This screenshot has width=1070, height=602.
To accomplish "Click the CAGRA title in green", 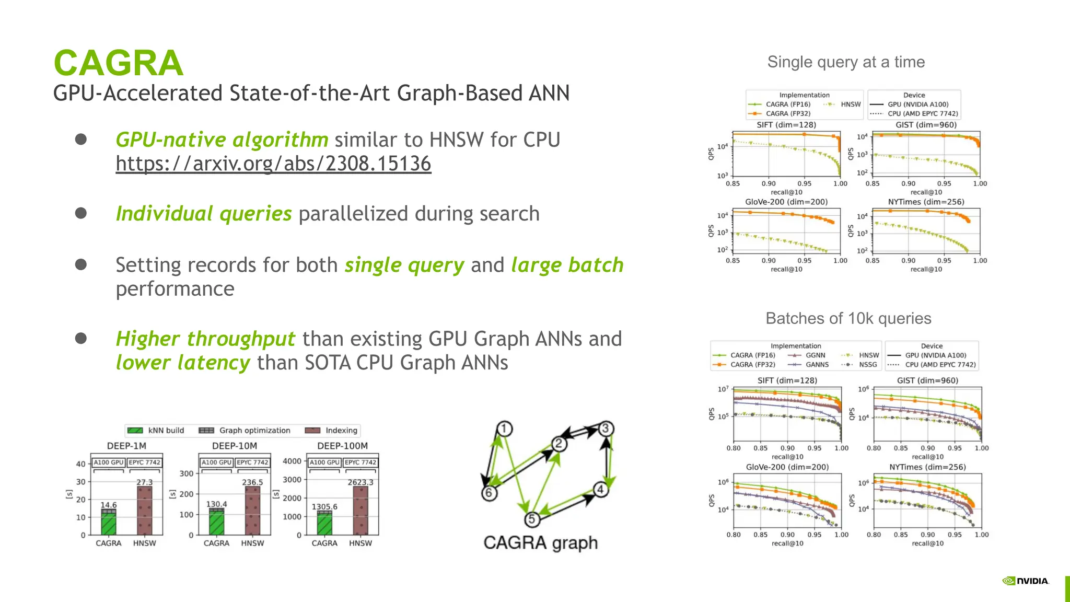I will pos(119,63).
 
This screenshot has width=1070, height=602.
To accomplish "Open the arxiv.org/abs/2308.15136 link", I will pos(273,164).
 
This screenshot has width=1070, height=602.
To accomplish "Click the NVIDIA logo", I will pos(1026,581).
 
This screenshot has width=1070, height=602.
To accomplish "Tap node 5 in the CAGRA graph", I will pos(532,519).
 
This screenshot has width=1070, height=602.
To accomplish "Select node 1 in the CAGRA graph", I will pos(504,429).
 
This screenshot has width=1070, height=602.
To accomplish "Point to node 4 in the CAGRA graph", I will pos(601,490).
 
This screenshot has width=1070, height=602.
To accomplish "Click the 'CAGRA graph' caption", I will pos(540,542).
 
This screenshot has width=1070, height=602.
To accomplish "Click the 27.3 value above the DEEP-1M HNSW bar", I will pos(145,482).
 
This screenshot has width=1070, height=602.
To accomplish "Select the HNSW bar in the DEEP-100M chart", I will pos(360,510).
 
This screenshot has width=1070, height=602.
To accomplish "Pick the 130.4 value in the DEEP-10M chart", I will pos(216,504).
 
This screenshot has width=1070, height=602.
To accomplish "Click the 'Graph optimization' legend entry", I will pos(254,431).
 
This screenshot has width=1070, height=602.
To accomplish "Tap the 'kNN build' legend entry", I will pos(166,431).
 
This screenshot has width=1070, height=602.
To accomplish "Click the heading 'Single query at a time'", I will pos(846,62).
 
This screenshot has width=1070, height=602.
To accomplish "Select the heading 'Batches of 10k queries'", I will pos(848,318).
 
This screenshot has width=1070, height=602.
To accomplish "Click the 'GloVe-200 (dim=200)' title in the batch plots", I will pos(787,467).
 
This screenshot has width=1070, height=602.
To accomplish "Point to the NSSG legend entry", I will pos(867,365).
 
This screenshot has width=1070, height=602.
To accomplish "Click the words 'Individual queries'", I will pos(204,214).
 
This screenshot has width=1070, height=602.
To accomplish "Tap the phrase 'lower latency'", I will pos(183,363).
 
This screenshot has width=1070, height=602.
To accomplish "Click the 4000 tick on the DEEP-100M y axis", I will pos(292,461).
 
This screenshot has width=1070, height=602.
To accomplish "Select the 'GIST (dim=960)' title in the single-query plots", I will pos(926,125).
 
